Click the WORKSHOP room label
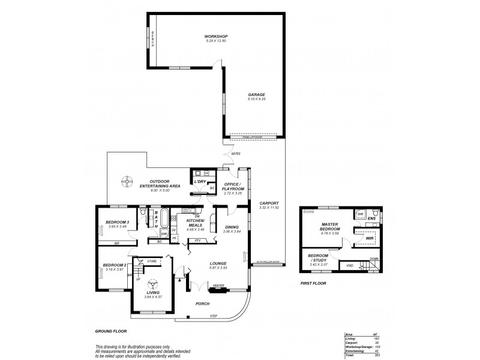point(216,37)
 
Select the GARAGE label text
point(257,94)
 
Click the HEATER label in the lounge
point(218,286)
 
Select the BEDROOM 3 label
point(117,222)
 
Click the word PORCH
point(203,304)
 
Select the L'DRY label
point(200,181)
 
